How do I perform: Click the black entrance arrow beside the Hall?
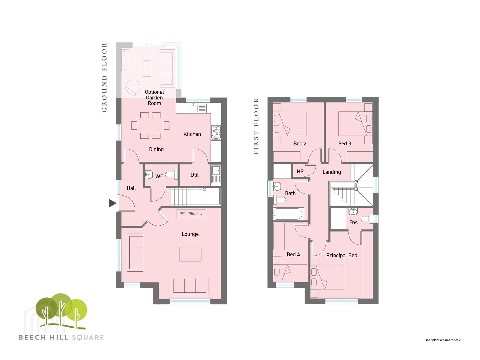tap(112, 203)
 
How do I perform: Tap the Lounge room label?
tap(190, 234)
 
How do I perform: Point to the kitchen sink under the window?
tap(197, 108)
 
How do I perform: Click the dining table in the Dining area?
tap(150, 125)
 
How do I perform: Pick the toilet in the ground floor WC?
tap(171, 175)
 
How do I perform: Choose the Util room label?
tap(194, 175)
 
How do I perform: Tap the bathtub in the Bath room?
tap(288, 214)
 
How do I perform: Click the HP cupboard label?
tap(300, 172)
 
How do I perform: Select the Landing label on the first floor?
tap(332, 172)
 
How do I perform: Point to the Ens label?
tap(353, 223)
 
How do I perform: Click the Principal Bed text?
tap(342, 255)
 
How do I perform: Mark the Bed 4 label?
tap(293, 254)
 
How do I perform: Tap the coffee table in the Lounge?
tap(190, 254)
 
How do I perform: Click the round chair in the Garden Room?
tap(132, 88)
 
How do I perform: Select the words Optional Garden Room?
tap(154, 98)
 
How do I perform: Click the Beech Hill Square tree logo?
tap(61, 311)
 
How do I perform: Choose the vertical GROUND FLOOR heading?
tap(104, 77)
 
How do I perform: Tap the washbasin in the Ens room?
tap(353, 211)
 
